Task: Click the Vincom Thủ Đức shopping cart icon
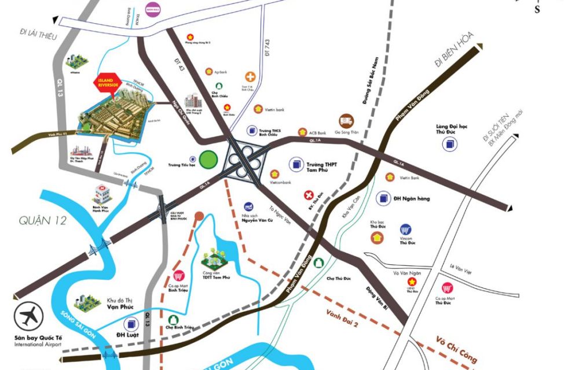point(406,230)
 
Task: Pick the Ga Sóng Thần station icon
point(346,120)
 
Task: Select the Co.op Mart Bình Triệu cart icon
point(179,277)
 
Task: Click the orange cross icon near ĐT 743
point(250,77)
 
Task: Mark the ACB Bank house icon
point(302,132)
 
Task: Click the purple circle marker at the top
point(152,11)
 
